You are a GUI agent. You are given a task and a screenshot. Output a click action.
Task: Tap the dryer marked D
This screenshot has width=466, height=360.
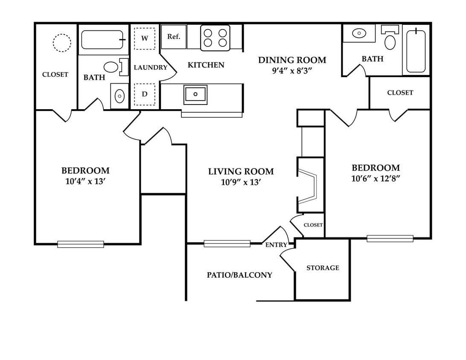pos(145,94)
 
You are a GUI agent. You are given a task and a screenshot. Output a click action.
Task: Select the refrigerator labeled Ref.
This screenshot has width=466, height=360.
pos(174,37)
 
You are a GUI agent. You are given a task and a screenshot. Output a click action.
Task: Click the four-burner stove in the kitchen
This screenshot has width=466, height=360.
pos(215,38)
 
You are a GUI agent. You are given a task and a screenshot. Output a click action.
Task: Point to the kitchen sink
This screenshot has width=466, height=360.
pos(195,94)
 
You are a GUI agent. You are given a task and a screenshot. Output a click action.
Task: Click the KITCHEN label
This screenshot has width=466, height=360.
pos(206,65)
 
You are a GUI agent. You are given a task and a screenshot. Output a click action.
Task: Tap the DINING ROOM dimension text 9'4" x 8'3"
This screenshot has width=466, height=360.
pos(293,71)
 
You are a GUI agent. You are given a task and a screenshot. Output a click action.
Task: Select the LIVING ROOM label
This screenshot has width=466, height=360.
pos(241,171)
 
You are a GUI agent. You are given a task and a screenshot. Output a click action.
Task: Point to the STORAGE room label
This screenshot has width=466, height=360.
pos(323,268)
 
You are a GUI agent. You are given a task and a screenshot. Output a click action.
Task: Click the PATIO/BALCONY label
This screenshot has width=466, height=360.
pos(239,275)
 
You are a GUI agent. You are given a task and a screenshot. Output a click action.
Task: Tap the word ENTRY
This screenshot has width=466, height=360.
pos(276,245)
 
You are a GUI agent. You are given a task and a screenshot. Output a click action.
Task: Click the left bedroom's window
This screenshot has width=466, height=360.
pos(81,244)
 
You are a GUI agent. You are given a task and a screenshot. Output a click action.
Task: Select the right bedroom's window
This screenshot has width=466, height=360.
pos(390,238)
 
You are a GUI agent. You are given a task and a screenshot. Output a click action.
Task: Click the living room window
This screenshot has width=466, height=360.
pos(227,244)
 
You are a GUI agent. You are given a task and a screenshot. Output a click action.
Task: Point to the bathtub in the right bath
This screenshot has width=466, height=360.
pos(416,51)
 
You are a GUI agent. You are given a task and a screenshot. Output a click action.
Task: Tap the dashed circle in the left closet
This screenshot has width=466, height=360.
pos(61,43)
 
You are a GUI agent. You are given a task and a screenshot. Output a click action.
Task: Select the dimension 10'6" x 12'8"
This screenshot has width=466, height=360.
pos(376,179)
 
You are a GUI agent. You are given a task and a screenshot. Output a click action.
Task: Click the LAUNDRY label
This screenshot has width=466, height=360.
pos(151,67)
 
